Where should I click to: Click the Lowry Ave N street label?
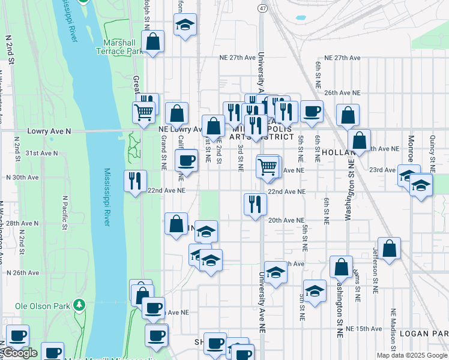point(49,131)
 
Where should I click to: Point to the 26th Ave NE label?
point(342,93)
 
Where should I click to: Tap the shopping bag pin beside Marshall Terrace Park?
point(153,43)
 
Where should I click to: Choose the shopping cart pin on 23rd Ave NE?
point(267,167)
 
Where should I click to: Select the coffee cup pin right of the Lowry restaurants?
point(311,112)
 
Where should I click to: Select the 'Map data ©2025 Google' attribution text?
point(412,355)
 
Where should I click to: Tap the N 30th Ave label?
point(22,178)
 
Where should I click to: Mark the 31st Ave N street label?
point(41,153)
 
